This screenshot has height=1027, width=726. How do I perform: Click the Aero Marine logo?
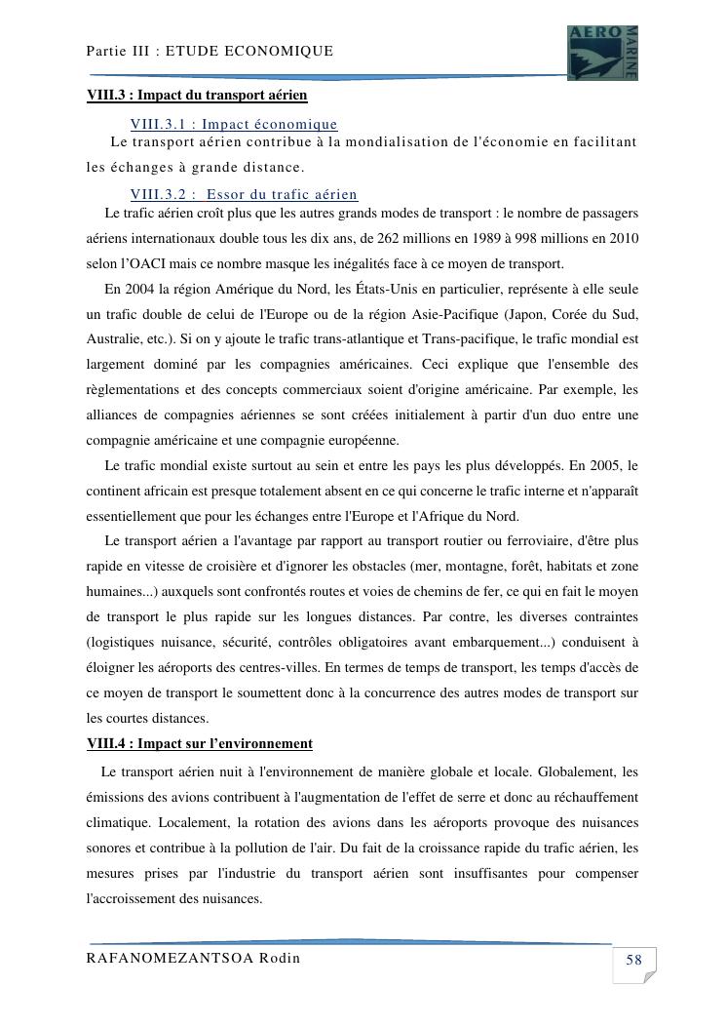click(602, 53)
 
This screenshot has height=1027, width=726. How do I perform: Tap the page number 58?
click(633, 961)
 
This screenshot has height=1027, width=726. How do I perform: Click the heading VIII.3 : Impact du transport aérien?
click(197, 95)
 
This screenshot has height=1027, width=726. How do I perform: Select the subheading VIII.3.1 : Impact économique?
click(234, 124)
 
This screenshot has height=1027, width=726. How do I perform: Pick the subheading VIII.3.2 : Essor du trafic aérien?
click(244, 195)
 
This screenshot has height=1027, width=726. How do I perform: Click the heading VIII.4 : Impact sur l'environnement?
click(200, 744)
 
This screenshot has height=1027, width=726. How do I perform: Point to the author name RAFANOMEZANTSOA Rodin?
click(193, 958)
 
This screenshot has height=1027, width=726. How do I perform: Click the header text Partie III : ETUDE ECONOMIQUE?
click(210, 51)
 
